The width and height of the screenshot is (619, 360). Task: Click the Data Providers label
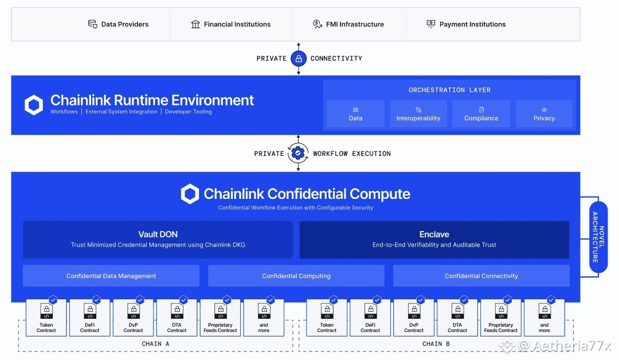(124, 24)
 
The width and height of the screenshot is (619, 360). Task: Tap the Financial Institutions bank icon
(195, 24)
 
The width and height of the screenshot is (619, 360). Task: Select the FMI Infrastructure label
(355, 24)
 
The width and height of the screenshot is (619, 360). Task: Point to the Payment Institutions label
(472, 24)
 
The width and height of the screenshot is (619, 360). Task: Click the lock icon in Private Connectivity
(299, 58)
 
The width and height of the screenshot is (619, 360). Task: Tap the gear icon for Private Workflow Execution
(298, 153)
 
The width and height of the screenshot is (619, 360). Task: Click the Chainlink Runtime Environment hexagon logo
(34, 105)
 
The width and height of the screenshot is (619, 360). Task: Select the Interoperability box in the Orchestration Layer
(418, 114)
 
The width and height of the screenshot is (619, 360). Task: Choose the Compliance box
(481, 114)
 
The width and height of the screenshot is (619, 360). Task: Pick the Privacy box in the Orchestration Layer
(544, 114)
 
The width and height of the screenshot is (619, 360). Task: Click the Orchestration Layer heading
(449, 90)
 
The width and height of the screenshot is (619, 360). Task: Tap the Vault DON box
(158, 239)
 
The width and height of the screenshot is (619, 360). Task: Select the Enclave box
(434, 239)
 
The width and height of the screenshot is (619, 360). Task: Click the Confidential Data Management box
(111, 276)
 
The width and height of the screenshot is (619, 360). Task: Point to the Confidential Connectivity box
(481, 276)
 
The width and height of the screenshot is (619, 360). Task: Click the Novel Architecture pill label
(598, 237)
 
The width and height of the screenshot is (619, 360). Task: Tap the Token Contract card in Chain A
(46, 318)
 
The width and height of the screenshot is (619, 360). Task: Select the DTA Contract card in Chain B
(457, 318)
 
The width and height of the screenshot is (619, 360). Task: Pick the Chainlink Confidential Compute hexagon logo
(190, 194)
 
